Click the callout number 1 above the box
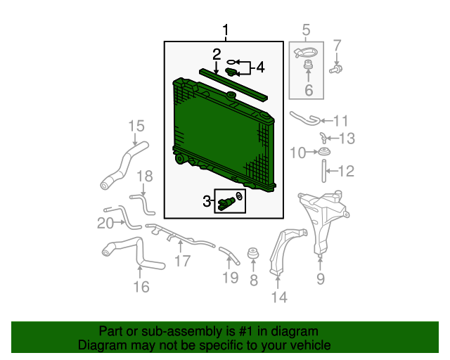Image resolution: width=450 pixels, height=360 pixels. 226,30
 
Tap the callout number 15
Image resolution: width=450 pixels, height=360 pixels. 136,126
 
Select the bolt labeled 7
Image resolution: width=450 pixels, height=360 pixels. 336,69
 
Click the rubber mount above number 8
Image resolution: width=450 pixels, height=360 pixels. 253,252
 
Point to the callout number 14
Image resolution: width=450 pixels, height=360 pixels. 279,297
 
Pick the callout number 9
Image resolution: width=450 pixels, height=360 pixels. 321,278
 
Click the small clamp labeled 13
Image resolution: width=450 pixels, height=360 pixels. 323,138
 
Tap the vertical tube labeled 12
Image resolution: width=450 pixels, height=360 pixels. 323,171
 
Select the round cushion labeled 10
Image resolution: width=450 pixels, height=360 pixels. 324,151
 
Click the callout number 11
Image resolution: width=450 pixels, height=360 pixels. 340,121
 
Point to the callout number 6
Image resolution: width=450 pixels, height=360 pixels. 309,90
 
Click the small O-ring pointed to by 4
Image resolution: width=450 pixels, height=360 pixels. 231,62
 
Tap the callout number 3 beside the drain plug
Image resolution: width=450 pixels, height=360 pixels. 207,201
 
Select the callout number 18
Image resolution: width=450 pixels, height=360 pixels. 145,176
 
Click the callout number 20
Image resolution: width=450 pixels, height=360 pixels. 105,223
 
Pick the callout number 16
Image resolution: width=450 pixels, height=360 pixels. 141,287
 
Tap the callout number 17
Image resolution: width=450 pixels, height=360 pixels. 183,262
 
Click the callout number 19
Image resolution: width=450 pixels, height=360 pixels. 231,278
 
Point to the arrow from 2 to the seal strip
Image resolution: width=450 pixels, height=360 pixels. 216,68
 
